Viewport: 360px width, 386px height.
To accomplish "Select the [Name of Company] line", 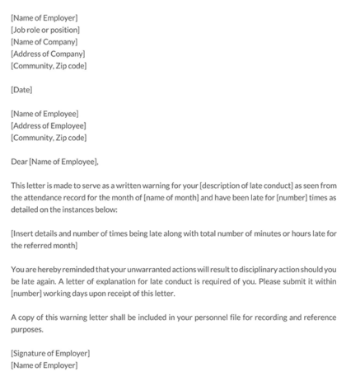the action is click(44, 41).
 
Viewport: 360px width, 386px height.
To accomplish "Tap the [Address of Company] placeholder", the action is click(47, 54).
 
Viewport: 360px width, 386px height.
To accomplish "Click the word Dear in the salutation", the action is click(20, 162).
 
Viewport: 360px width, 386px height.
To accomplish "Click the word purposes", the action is click(30, 330).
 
